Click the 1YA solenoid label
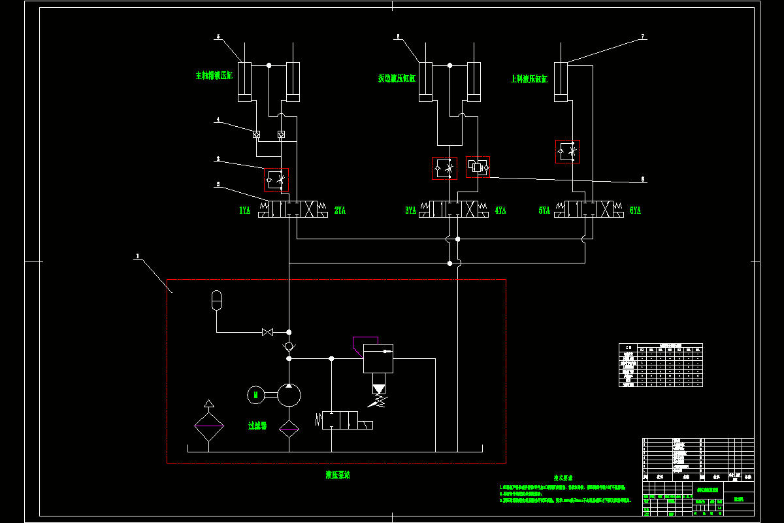244,211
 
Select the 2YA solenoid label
340,211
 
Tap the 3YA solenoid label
410,211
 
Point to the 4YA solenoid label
500,211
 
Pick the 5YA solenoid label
544,211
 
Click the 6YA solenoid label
634,211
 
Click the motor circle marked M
255,394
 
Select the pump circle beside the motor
289,394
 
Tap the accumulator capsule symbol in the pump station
217,300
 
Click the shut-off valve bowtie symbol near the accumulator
267,332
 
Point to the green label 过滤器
257,426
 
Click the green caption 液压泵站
338,475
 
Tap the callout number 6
643,178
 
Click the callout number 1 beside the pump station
137,257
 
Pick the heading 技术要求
564,478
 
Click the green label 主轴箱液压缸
214,76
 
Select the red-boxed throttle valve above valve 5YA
568,152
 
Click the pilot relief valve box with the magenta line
378,358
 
